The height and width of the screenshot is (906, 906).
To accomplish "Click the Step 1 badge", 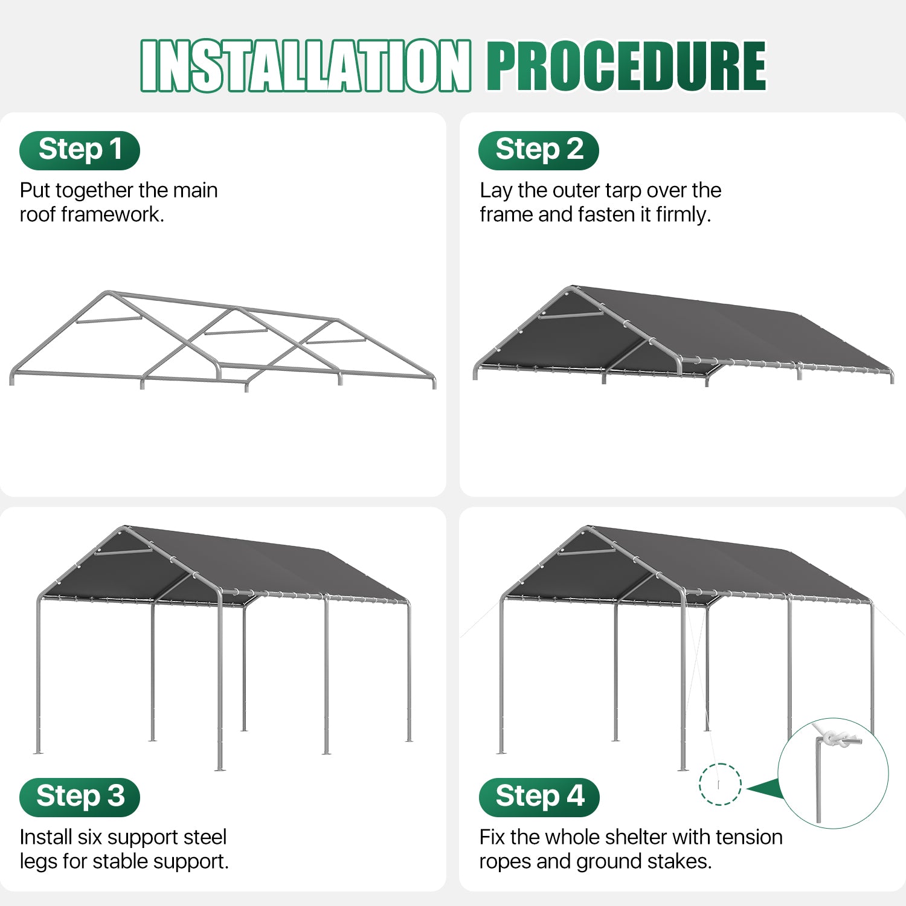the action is click(80, 150).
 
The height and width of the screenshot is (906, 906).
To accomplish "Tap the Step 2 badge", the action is click(539, 150).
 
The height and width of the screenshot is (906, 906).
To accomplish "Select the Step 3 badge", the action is click(80, 797).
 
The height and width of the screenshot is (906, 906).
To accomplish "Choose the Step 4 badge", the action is click(539, 797).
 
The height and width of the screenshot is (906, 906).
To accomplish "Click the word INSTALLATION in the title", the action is click(306, 66).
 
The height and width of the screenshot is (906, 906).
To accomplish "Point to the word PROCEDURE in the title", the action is click(626, 66).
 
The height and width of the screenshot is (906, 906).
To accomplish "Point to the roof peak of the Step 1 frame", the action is click(108, 293).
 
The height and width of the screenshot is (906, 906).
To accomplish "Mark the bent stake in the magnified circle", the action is click(818, 779).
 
